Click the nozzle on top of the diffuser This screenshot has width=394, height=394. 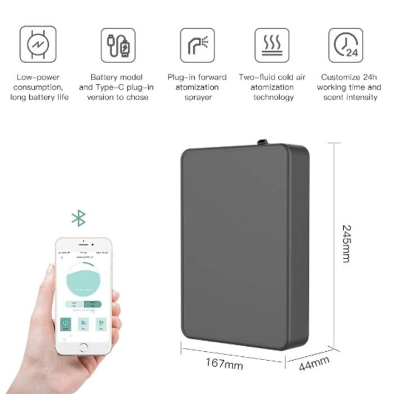tap(262, 139)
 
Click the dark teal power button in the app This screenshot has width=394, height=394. tap(65, 324)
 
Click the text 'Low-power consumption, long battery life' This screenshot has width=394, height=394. tap(39, 87)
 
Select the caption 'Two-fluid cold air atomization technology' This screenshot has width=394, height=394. tap(272, 87)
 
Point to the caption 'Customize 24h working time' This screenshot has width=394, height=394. tap(349, 87)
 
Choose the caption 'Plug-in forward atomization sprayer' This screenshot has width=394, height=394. tap(197, 87)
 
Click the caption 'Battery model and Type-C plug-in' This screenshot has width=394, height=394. tap(118, 87)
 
